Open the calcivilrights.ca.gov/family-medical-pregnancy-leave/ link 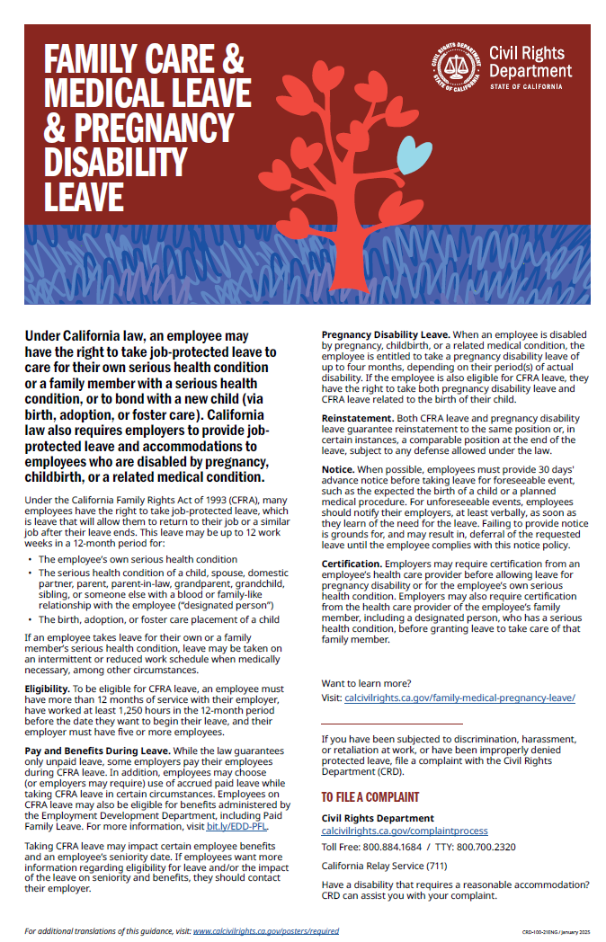[459, 697]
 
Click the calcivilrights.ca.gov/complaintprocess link [405, 831]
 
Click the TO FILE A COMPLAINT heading [370, 797]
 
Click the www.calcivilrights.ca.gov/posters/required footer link [266, 931]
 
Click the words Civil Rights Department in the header [530, 62]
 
